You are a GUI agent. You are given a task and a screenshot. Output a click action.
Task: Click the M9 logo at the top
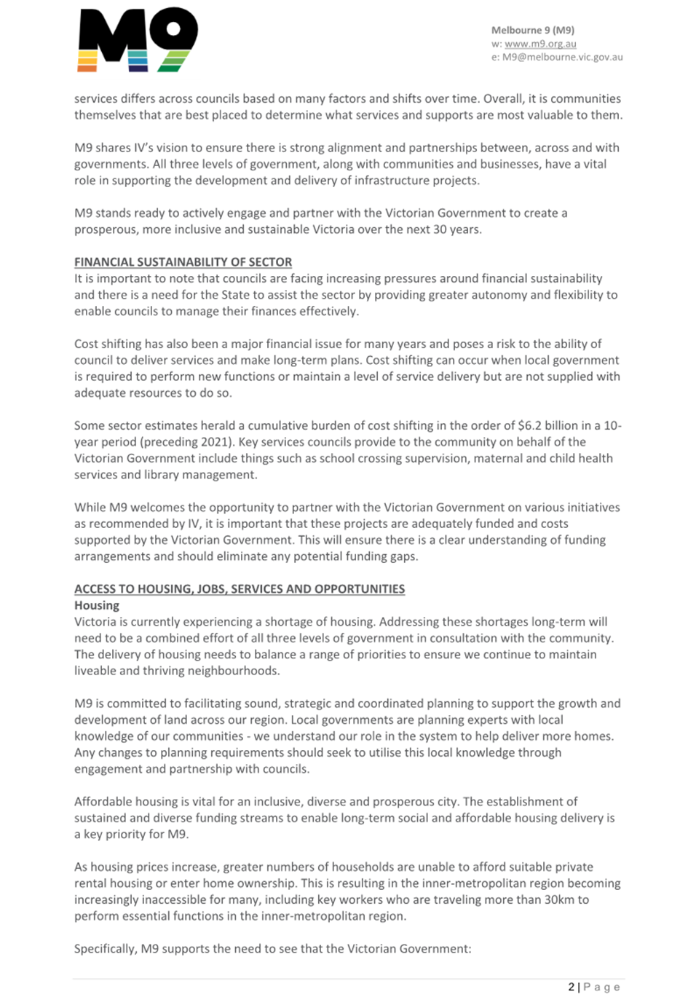click(138, 40)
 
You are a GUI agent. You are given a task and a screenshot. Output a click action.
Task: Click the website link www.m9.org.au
click(540, 44)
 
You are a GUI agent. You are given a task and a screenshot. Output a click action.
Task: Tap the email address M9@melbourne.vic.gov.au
click(562, 57)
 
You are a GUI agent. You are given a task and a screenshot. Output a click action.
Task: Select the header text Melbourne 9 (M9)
click(533, 30)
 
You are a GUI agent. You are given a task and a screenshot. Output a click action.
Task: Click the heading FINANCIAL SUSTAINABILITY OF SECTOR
click(183, 262)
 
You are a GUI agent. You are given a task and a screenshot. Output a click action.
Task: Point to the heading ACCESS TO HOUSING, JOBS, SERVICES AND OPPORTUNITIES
click(240, 589)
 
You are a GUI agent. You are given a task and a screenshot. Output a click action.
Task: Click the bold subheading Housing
click(97, 605)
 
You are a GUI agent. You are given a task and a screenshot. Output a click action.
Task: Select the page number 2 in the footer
click(572, 987)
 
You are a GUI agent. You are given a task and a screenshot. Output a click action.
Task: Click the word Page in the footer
click(602, 987)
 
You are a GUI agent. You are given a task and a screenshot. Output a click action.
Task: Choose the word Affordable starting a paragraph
click(102, 802)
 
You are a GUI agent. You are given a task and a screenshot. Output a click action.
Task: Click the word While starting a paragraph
click(90, 508)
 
